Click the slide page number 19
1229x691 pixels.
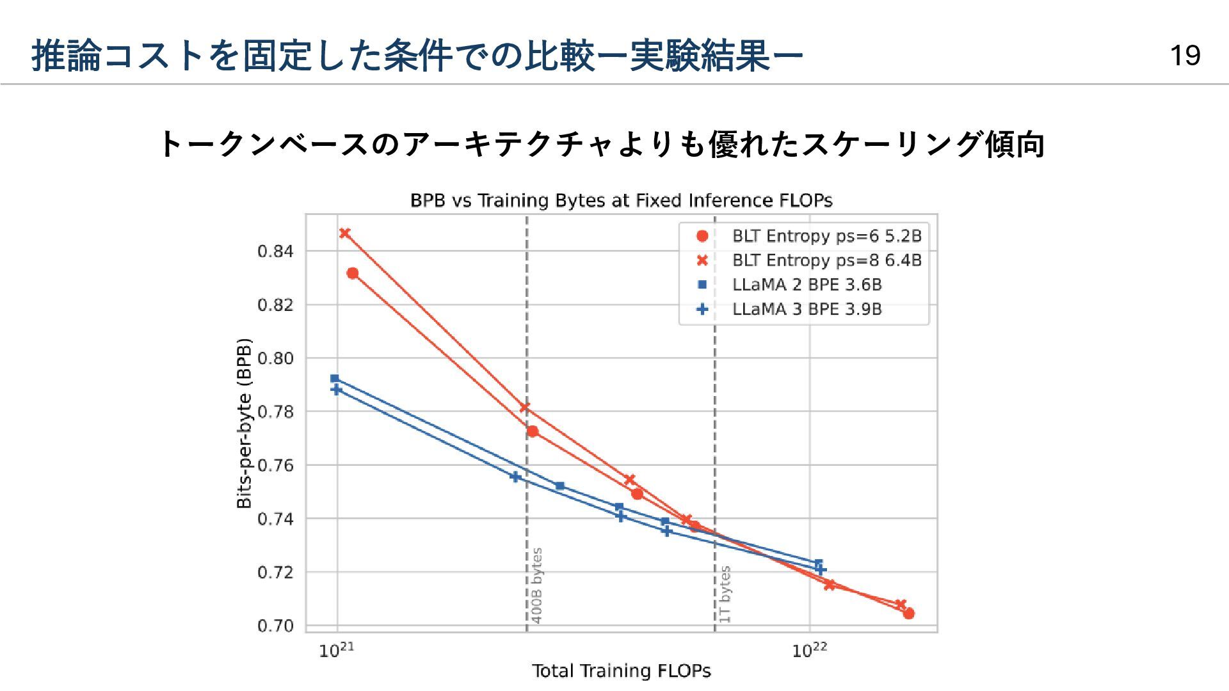click(x=1185, y=56)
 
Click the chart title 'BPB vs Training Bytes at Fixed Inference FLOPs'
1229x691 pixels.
click(x=621, y=201)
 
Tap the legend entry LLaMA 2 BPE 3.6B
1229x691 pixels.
click(x=807, y=285)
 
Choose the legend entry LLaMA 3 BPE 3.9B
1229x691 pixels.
click(x=807, y=309)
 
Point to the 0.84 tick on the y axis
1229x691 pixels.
click(x=275, y=251)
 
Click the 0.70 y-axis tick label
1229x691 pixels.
click(x=275, y=626)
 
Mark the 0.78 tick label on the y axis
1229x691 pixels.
click(x=275, y=412)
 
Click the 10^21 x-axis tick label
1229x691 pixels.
click(x=337, y=651)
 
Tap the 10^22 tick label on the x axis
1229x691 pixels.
click(x=810, y=651)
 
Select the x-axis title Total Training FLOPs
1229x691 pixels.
click(x=621, y=671)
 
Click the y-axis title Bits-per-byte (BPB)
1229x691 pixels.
click(x=244, y=423)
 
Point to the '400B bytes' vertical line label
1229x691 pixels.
click(x=537, y=585)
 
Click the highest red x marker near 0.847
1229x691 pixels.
click(x=345, y=234)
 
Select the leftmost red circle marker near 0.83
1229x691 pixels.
click(x=353, y=274)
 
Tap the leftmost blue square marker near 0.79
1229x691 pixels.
click(x=334, y=379)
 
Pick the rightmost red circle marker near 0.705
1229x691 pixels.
click(x=908, y=614)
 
